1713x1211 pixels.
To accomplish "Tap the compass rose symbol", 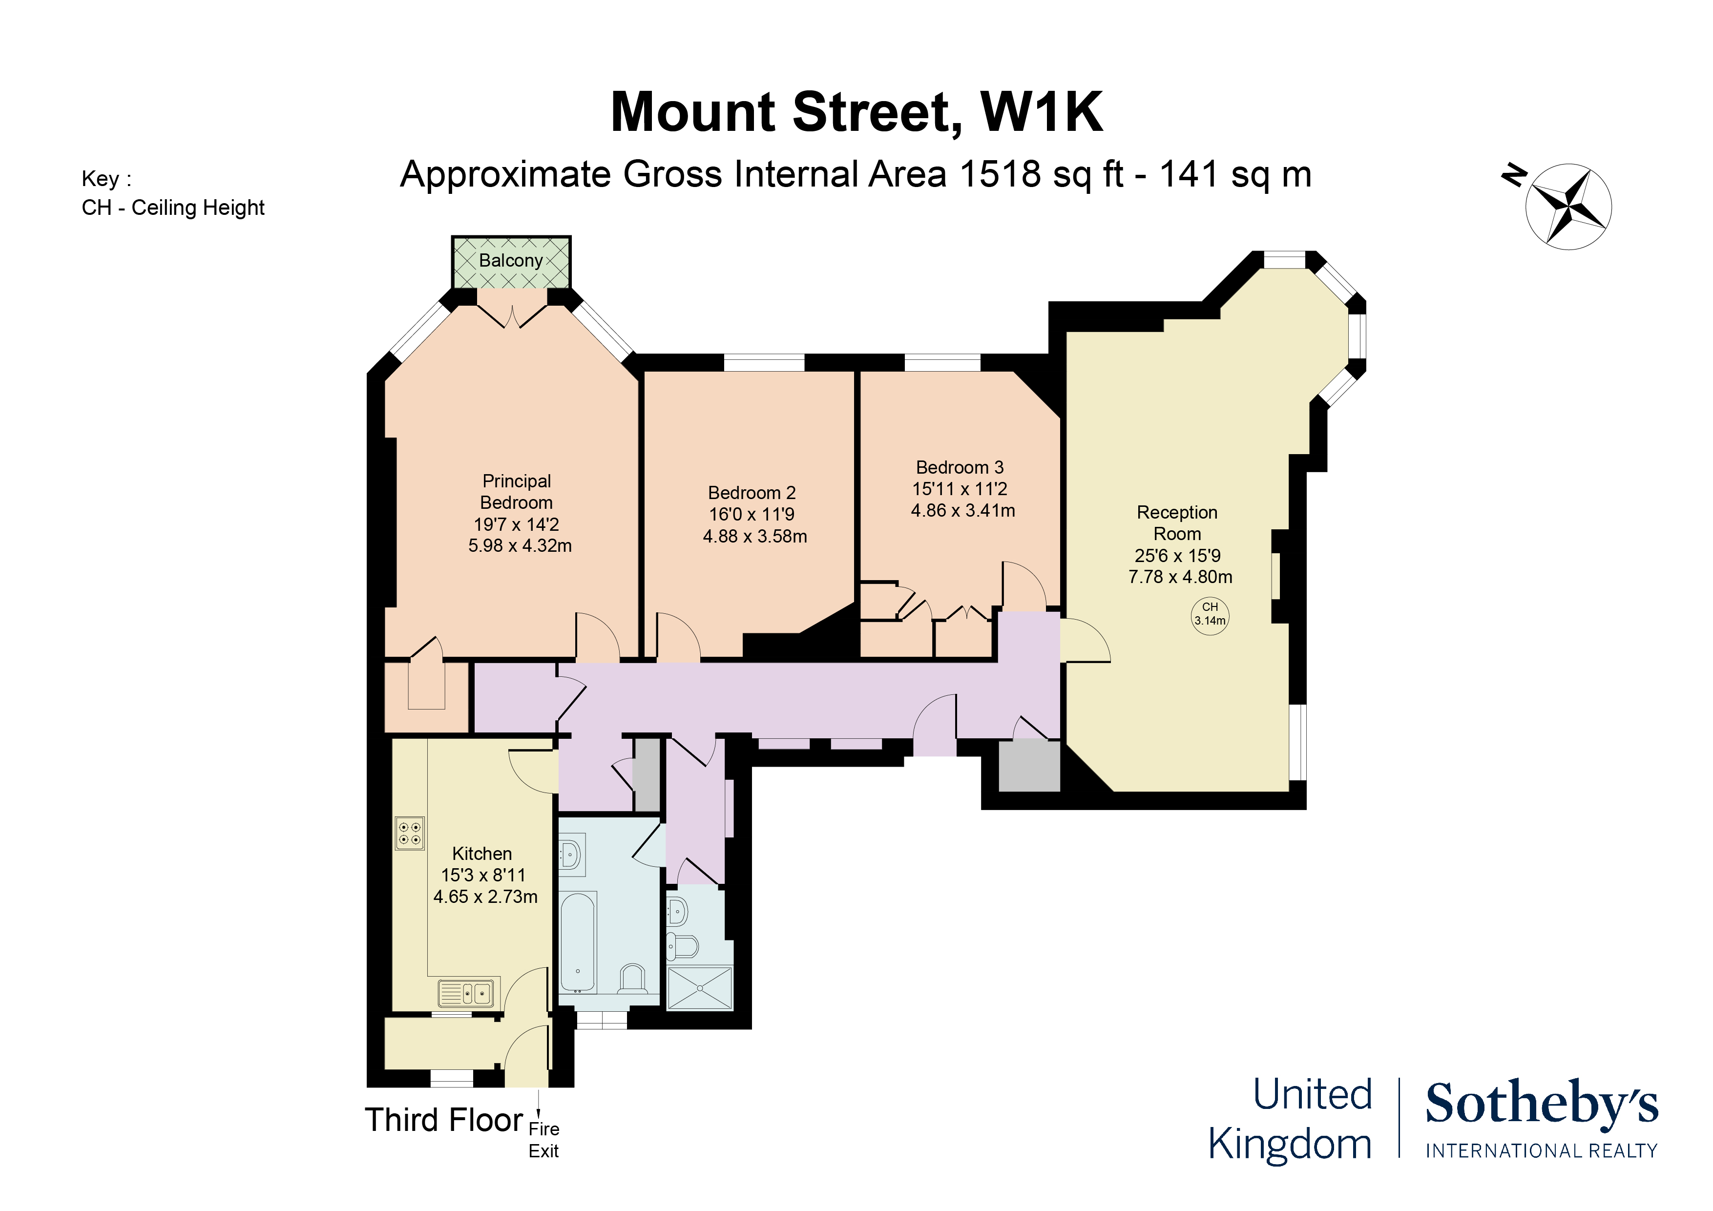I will point(1568,207).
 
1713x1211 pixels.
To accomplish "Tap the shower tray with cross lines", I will point(700,988).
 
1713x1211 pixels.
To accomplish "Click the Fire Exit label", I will point(544,1139).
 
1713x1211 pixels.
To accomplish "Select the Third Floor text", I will point(444,1120).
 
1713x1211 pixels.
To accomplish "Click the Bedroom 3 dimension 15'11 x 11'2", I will point(960,489).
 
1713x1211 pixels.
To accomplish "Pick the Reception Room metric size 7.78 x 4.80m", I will point(1180,577).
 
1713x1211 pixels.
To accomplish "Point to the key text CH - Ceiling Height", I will point(173,208).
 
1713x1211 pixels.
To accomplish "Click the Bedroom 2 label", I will point(752,493).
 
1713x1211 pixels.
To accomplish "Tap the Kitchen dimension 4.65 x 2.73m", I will point(485,896).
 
